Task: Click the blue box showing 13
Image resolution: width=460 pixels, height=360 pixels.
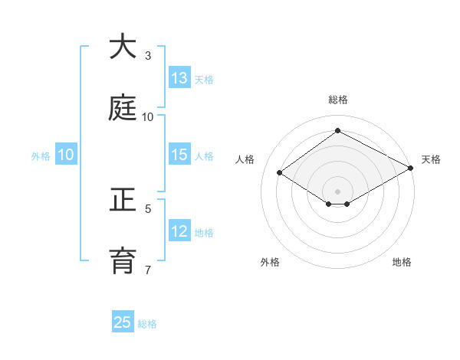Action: pyautogui.click(x=179, y=78)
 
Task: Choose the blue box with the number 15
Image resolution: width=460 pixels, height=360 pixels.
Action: pyautogui.click(x=179, y=155)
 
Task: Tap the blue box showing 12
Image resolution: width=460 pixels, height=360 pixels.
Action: pyautogui.click(x=179, y=231)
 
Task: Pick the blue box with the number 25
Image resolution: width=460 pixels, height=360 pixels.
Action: pyautogui.click(x=123, y=322)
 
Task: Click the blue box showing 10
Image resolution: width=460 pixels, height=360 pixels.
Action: pyautogui.click(x=66, y=155)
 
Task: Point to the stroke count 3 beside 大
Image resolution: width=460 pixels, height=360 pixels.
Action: pyautogui.click(x=148, y=56)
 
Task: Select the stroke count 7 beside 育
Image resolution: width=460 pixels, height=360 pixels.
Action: pyautogui.click(x=148, y=270)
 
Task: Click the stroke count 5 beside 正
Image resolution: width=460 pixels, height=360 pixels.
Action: pyautogui.click(x=148, y=208)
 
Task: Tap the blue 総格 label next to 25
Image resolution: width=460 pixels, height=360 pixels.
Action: pyautogui.click(x=147, y=324)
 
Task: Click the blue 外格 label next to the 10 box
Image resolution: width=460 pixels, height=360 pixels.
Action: pyautogui.click(x=41, y=155)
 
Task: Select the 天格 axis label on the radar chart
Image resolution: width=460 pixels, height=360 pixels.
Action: pyautogui.click(x=431, y=159)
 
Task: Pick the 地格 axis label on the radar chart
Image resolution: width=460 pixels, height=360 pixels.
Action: pyautogui.click(x=402, y=262)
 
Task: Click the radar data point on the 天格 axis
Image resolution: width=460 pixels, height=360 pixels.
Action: pyautogui.click(x=410, y=168)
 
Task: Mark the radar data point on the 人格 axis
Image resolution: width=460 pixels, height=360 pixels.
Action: pyautogui.click(x=280, y=173)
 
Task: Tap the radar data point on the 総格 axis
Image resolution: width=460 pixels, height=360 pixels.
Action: pyautogui.click(x=337, y=131)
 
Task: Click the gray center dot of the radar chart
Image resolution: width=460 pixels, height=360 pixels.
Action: pyautogui.click(x=337, y=191)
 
